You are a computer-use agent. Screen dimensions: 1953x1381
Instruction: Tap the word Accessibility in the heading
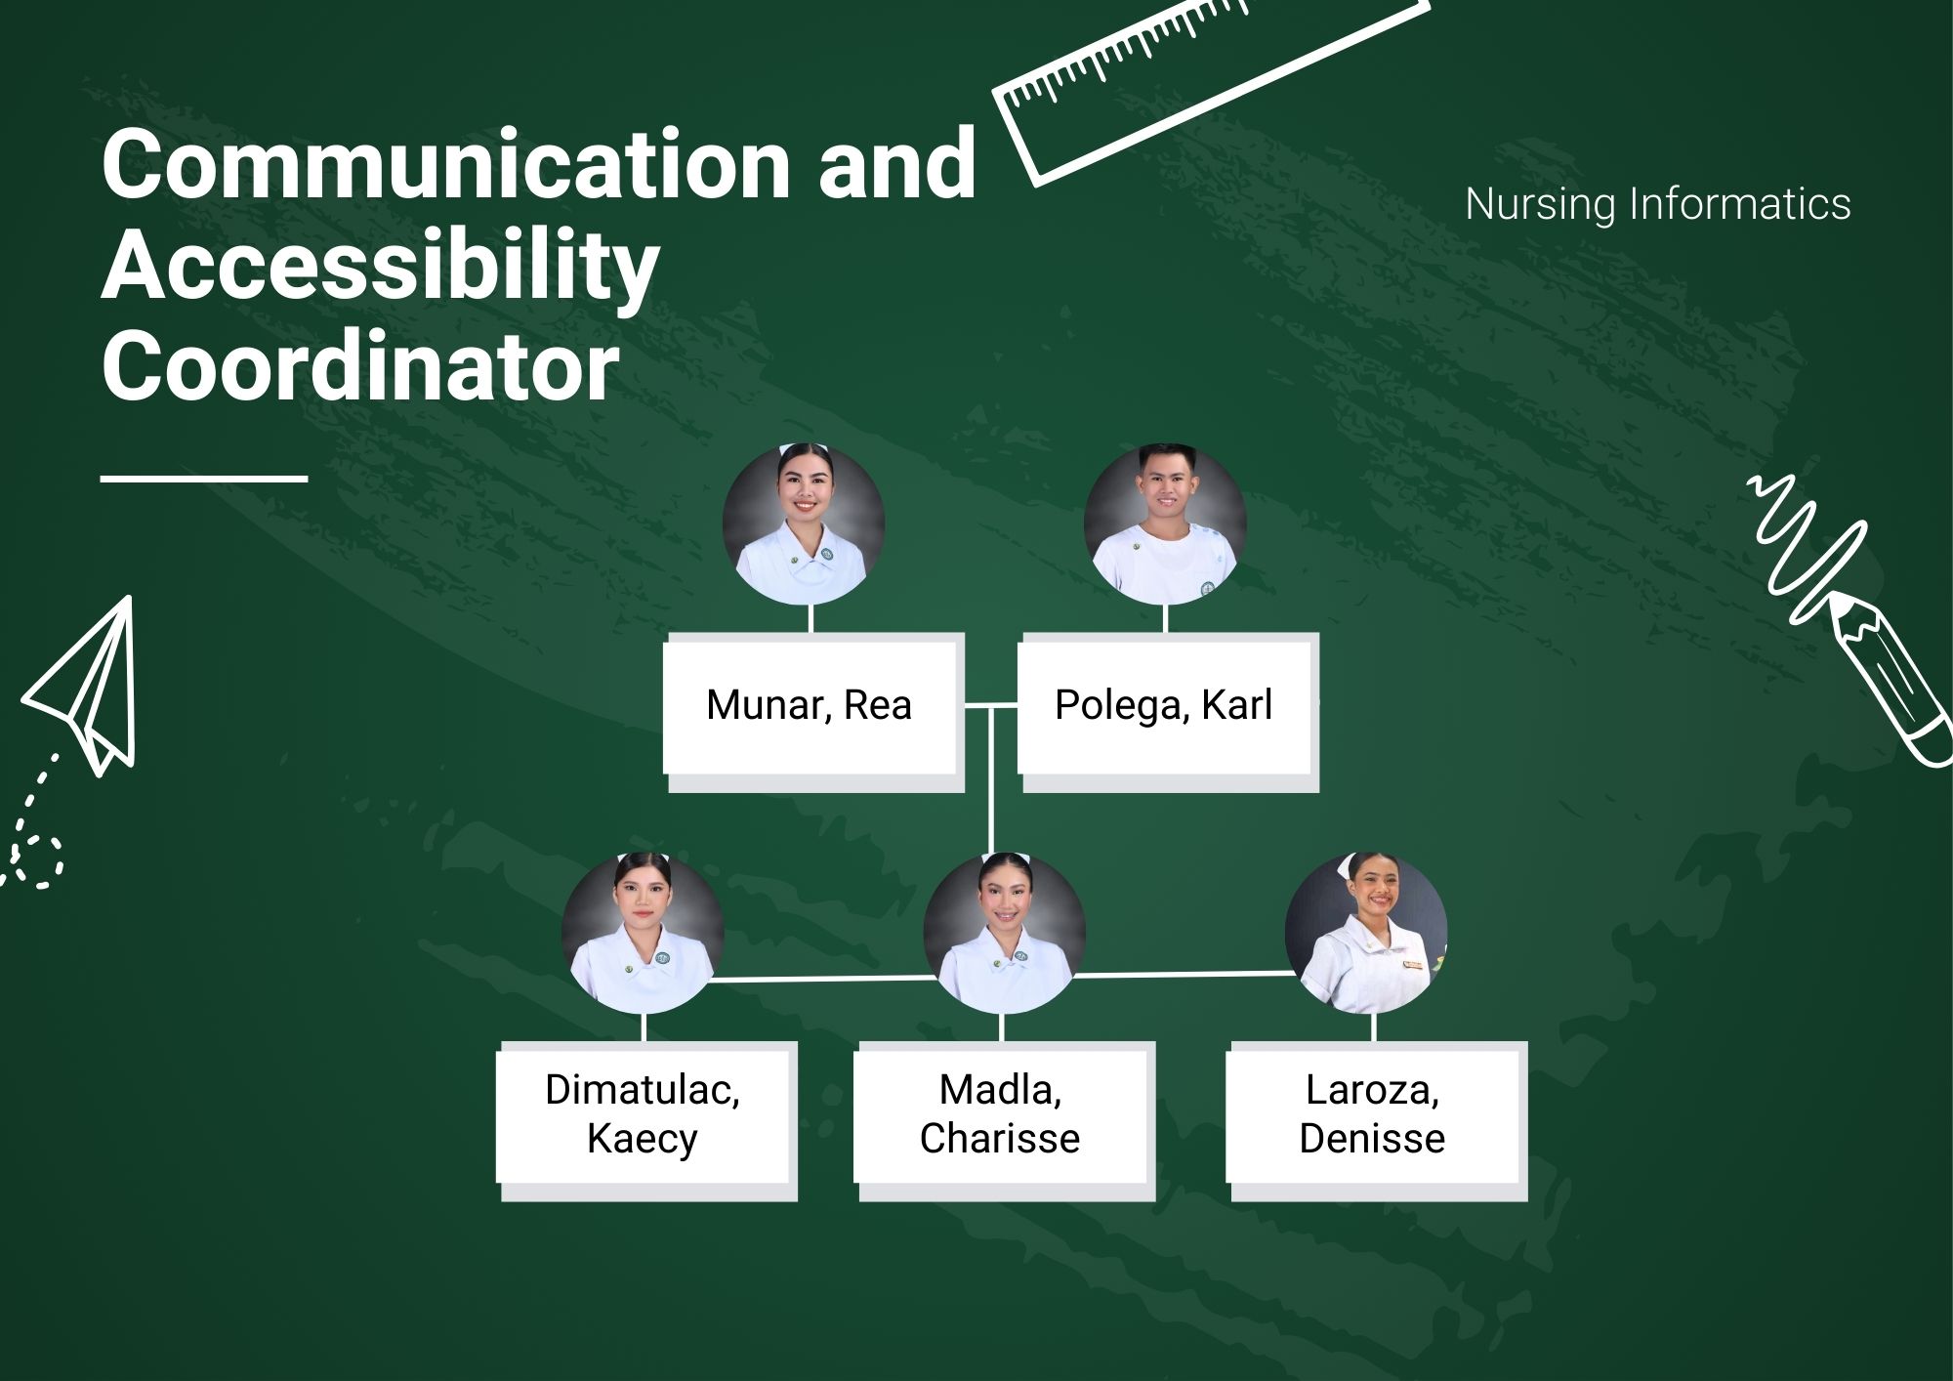point(381,268)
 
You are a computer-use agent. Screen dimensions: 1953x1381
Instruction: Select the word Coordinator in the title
point(360,367)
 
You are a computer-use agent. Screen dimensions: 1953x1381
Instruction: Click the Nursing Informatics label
point(1657,205)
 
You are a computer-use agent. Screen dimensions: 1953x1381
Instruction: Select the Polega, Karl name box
point(1168,711)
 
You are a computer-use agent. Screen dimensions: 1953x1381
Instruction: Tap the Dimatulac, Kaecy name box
point(646,1121)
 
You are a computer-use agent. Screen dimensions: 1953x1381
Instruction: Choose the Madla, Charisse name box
point(1004,1121)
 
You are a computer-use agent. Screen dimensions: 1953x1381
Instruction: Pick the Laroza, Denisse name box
point(1376,1121)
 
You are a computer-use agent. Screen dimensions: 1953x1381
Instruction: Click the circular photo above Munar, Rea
point(804,524)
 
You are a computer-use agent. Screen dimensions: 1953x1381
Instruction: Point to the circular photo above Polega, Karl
point(1165,524)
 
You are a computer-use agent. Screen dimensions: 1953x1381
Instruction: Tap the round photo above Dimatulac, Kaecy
point(643,934)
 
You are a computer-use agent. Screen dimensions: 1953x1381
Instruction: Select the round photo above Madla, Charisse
point(1004,934)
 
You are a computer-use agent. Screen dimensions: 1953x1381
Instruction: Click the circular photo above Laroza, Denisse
point(1365,934)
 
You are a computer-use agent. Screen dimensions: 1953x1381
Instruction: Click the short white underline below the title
point(204,479)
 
